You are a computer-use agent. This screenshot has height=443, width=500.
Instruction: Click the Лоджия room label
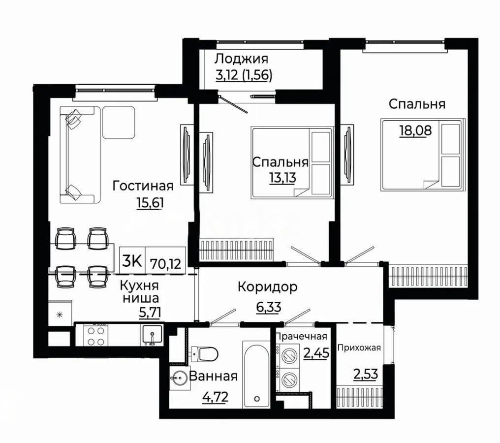(242, 60)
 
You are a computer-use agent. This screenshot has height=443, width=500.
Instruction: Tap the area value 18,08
(415, 130)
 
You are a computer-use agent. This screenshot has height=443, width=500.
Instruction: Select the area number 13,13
(283, 178)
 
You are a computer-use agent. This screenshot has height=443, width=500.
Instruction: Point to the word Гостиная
(143, 186)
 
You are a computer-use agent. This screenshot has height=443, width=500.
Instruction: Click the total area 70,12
(165, 264)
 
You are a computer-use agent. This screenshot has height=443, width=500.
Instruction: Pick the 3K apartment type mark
(132, 261)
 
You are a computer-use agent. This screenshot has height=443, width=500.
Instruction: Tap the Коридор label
(268, 287)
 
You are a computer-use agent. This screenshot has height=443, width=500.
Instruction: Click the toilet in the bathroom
(205, 353)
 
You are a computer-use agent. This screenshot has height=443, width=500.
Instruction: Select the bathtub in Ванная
(256, 375)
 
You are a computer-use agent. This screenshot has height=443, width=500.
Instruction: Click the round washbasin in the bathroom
(179, 379)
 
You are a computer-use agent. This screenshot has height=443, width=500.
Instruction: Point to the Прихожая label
(359, 348)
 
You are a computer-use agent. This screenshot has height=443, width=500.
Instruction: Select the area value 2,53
(366, 374)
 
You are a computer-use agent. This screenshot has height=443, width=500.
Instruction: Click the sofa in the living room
(80, 155)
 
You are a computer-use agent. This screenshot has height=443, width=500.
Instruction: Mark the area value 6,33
(269, 307)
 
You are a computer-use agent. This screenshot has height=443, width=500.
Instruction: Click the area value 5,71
(150, 312)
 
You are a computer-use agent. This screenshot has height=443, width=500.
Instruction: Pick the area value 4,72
(216, 397)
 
